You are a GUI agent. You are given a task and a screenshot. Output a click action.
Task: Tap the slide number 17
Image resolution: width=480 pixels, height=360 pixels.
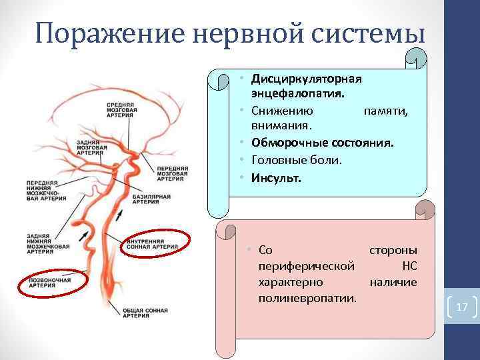[462, 307]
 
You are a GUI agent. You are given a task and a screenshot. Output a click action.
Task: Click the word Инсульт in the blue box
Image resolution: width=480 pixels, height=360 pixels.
[276, 179]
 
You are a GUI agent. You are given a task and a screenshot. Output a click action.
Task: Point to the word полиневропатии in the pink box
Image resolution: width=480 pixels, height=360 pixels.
[307, 295]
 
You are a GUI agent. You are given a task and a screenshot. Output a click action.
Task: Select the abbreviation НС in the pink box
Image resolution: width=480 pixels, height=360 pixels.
[409, 265]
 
